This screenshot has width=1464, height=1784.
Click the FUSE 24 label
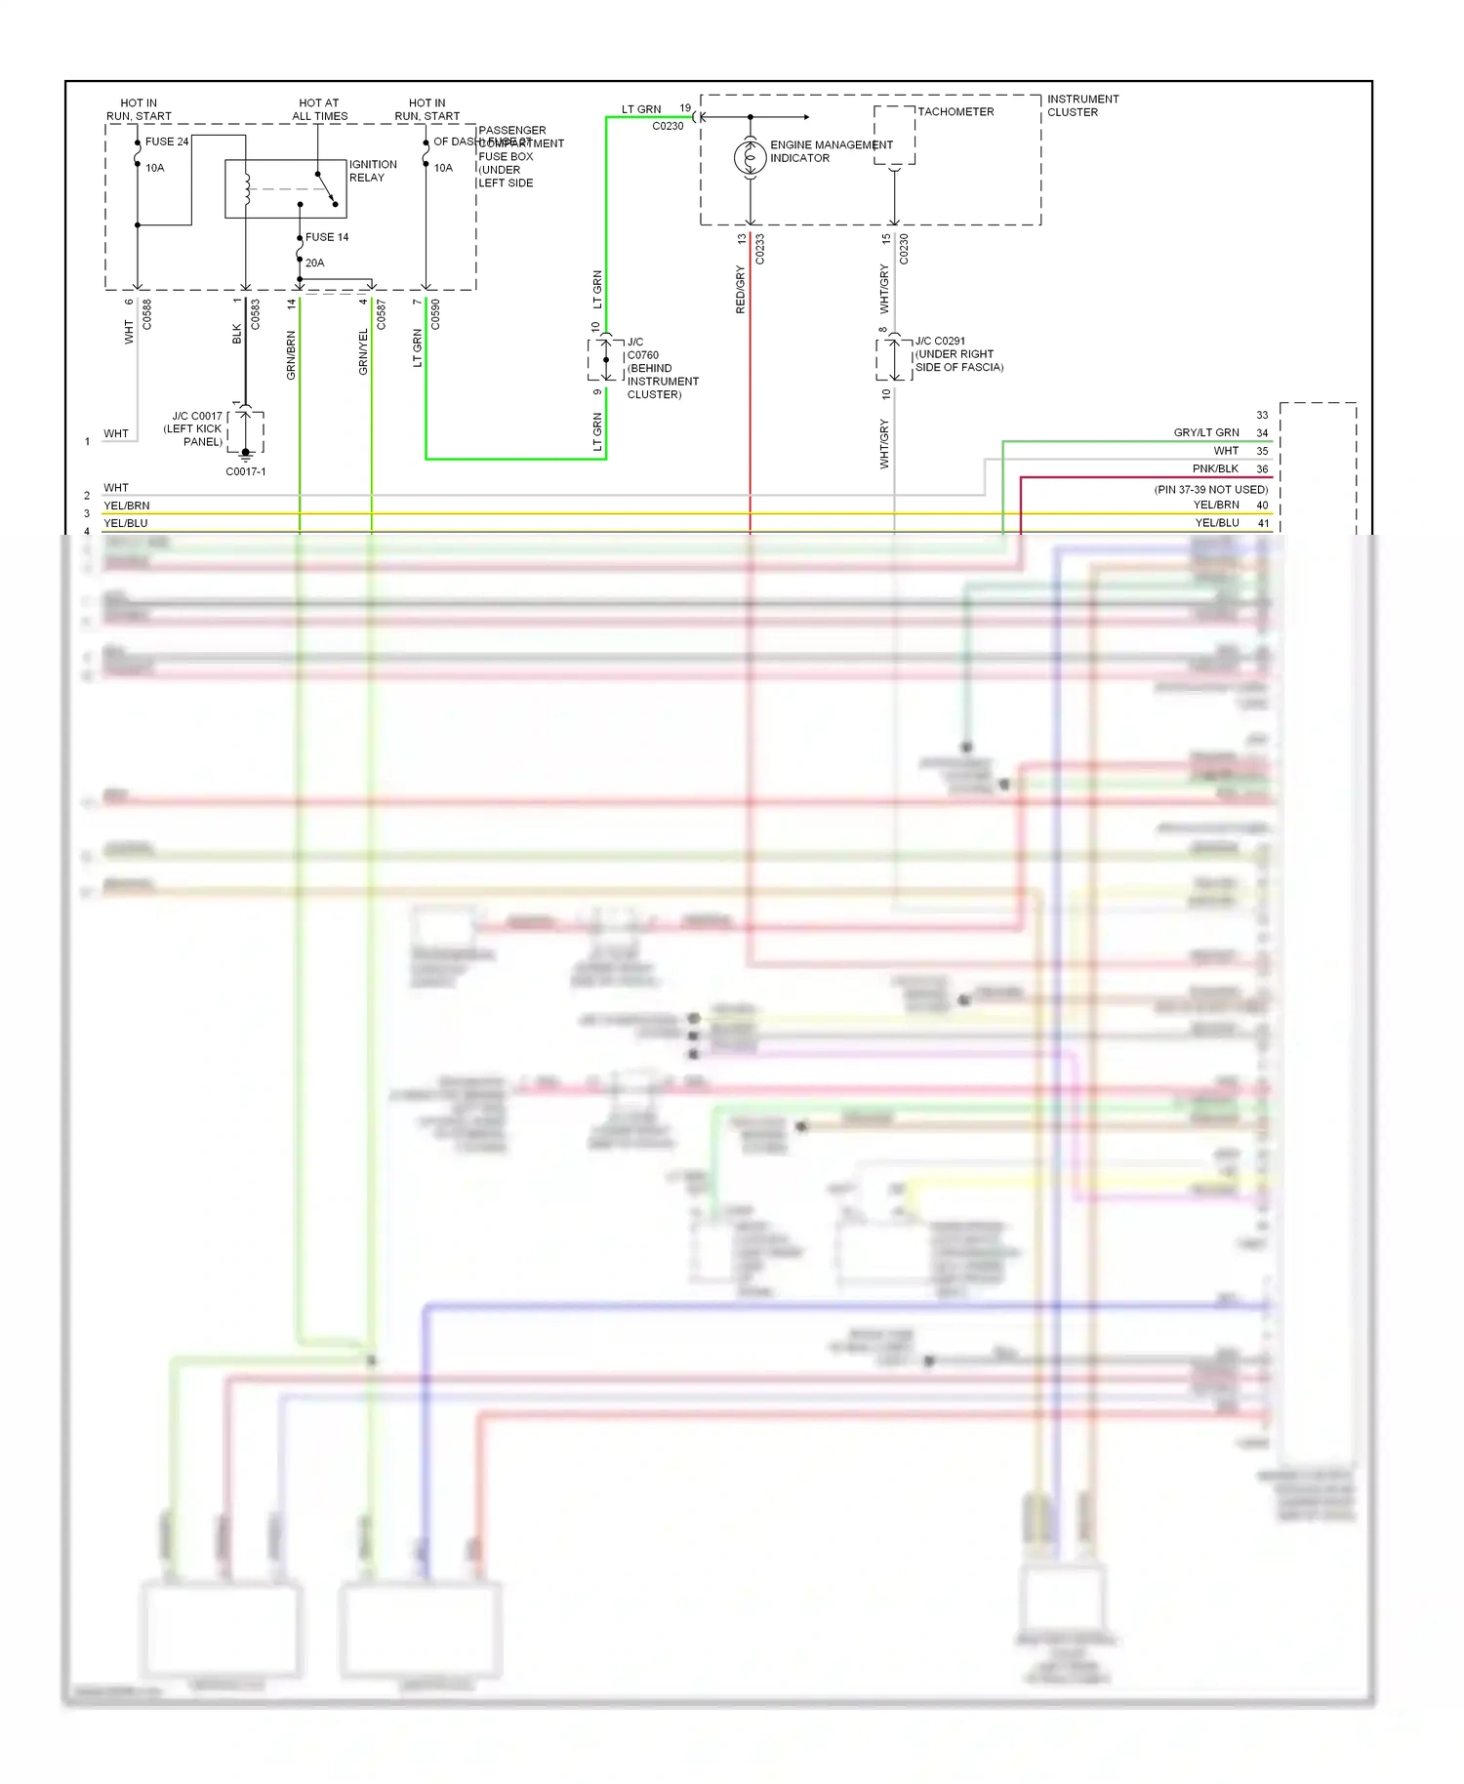point(167,142)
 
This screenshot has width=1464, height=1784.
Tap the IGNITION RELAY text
point(373,171)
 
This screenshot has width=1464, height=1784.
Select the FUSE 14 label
point(327,237)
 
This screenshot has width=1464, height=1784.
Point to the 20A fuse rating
point(314,263)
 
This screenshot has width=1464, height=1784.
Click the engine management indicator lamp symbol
point(750,157)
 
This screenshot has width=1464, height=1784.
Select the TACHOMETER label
point(956,112)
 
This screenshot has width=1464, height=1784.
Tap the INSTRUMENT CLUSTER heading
point(1082,105)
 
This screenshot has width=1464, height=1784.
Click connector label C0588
point(147,314)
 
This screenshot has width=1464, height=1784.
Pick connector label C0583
point(256,314)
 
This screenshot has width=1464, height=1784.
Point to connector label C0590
point(435,314)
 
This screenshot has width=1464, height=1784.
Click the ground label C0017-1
point(246,471)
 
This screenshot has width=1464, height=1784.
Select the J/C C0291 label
point(940,342)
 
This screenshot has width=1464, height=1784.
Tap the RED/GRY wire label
point(740,289)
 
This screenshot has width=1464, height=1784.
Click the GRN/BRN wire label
point(291,355)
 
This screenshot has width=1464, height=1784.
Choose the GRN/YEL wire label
point(363,352)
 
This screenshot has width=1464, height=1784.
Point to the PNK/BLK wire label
point(1215,468)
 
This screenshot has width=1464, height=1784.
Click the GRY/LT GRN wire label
point(1206,432)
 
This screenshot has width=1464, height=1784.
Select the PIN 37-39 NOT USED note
point(1210,489)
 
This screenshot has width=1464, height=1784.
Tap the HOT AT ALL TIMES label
point(319,109)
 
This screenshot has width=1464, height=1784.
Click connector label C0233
point(759,249)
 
